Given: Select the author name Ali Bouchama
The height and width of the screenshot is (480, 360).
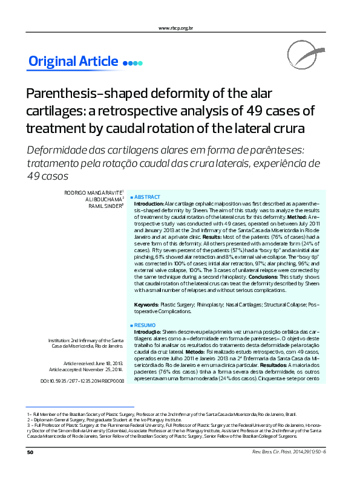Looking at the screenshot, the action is (x=105, y=199).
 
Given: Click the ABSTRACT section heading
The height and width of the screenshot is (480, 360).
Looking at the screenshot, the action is (x=147, y=197).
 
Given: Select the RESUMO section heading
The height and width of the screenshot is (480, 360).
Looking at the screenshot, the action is (x=145, y=325).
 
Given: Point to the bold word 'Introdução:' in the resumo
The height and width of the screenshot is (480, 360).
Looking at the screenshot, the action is (x=147, y=332).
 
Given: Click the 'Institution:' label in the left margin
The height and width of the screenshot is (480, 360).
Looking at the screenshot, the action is (x=60, y=340).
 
